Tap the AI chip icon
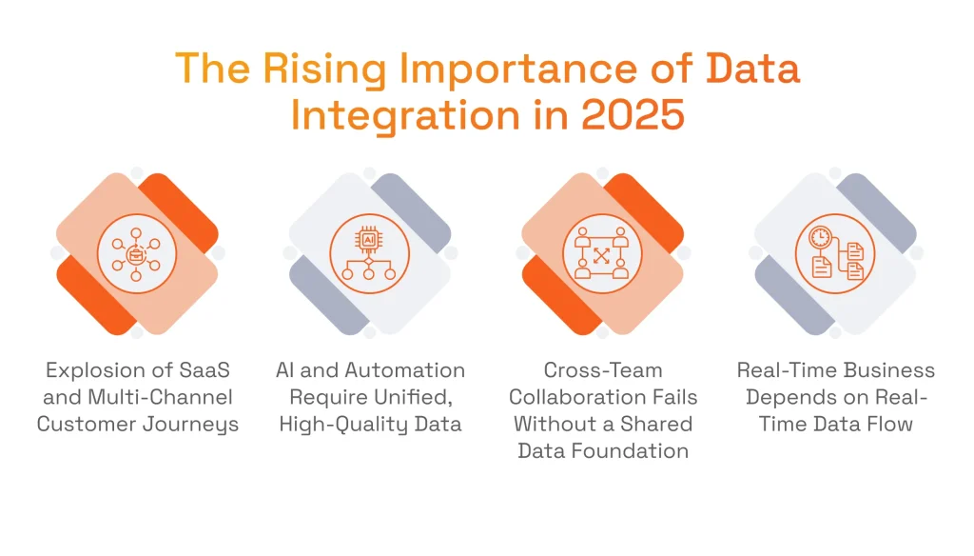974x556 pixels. tap(369, 253)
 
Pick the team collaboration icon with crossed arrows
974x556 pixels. tap(602, 253)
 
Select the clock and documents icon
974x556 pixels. tap(835, 253)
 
